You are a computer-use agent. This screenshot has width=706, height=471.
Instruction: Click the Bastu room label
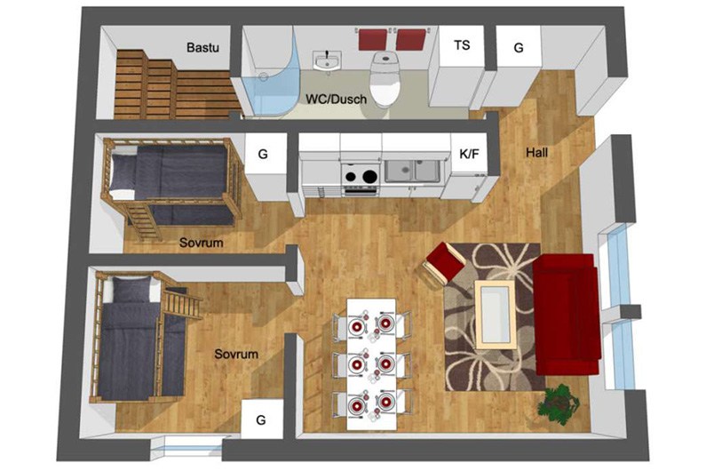coord(202,47)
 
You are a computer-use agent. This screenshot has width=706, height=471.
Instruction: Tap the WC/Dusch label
coord(336,100)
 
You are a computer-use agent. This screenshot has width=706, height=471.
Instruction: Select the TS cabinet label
coord(462,45)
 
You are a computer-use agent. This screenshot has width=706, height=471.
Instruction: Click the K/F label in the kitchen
coord(469,154)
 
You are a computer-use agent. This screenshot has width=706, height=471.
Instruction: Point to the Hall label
coord(536,152)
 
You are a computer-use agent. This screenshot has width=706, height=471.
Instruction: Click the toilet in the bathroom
coord(385,77)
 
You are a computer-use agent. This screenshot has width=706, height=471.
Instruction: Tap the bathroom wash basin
coord(328,60)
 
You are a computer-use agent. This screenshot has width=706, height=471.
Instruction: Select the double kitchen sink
coord(412,172)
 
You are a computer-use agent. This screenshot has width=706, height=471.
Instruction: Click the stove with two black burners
coord(360,179)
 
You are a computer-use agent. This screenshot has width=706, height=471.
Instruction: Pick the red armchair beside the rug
coord(443,265)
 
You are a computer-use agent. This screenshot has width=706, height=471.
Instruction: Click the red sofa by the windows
coord(567,315)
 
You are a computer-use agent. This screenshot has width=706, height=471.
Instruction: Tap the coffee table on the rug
coord(496,315)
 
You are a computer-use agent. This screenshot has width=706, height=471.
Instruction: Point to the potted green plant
coord(558,403)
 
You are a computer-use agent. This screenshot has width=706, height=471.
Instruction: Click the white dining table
coord(371,364)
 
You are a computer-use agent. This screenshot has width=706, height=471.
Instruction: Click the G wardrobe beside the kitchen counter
coord(266,166)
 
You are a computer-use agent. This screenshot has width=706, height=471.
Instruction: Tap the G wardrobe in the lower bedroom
coord(262,419)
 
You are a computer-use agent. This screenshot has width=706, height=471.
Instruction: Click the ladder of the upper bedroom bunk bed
coord(143,222)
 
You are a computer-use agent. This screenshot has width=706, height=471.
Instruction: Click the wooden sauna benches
coord(176,85)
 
